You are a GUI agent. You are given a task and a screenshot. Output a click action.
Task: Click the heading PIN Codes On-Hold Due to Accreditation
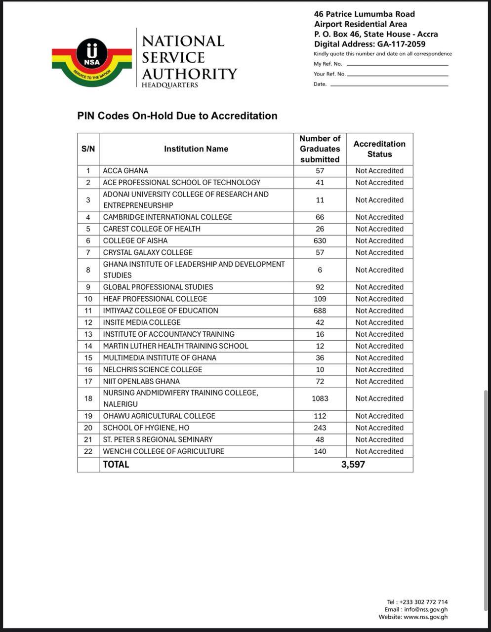(177, 116)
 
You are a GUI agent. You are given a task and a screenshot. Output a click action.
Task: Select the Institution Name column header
(196, 149)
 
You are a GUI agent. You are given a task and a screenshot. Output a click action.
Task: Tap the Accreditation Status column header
(379, 149)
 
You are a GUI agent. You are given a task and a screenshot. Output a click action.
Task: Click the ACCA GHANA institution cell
(125, 171)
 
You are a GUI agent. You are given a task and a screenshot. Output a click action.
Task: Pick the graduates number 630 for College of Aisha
(320, 241)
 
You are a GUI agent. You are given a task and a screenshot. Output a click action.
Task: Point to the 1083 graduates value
(320, 398)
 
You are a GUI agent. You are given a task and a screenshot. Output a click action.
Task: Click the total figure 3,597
(353, 464)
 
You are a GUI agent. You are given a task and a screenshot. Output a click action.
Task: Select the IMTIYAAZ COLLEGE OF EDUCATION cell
(161, 311)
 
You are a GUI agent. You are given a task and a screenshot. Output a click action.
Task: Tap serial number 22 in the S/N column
(88, 451)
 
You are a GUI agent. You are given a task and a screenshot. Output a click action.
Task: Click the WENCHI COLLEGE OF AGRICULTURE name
(164, 451)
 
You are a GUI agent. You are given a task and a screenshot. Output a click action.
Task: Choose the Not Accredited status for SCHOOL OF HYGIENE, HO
(379, 428)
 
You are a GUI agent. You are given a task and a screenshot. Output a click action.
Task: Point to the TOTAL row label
(116, 464)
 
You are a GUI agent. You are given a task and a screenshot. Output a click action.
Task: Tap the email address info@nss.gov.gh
(426, 609)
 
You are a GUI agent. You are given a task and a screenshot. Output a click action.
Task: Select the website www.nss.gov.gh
(425, 617)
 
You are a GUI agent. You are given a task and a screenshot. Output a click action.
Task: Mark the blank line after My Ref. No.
(397, 64)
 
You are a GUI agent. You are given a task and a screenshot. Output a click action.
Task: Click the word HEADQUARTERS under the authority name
(170, 85)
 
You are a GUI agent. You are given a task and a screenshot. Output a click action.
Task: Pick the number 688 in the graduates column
(320, 311)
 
